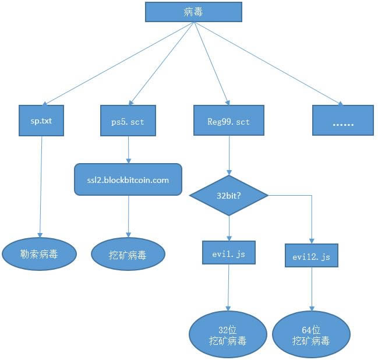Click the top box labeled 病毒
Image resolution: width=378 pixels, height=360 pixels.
193,12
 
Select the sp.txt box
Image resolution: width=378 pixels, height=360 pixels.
41,121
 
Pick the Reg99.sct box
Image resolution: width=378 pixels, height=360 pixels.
228,121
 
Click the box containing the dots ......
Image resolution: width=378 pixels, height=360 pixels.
342,121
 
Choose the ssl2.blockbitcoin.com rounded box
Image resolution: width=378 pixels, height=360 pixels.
128,179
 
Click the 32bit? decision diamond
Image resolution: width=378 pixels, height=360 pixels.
229,196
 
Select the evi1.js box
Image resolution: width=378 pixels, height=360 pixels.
229,252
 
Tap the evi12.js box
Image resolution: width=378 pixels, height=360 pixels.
312,256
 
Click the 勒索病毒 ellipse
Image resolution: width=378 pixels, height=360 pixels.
40,253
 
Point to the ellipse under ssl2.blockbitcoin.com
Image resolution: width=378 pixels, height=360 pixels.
128,254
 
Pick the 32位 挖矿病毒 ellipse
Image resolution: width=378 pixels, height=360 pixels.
228,335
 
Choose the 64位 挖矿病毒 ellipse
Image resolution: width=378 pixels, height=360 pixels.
311,335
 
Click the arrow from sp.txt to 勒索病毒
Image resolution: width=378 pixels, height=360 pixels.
41,186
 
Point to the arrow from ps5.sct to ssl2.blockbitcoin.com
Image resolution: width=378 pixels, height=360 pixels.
129,150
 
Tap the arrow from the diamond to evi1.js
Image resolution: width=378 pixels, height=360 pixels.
229,228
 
